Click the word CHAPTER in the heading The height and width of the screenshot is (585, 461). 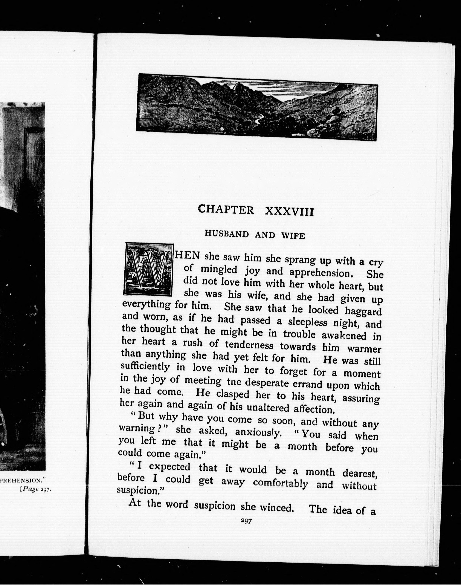(x=226, y=209)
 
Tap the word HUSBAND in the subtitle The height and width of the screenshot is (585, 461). (x=226, y=233)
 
